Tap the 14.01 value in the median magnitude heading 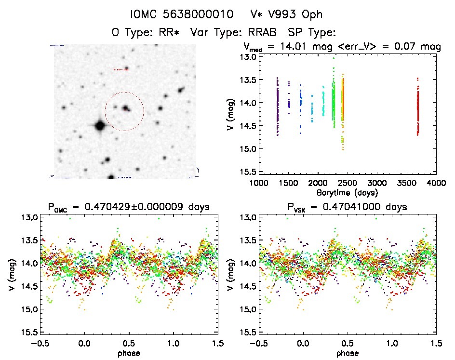point(322,47)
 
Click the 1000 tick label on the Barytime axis point(259,183)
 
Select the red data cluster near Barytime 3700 point(417,108)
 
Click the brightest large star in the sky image point(100,126)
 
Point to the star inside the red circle point(126,108)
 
